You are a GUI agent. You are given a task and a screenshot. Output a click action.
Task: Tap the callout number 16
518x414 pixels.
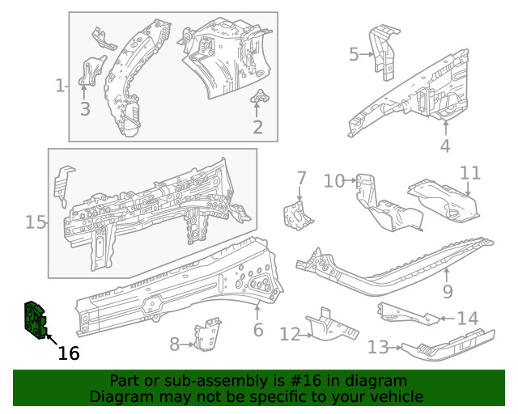[x=69, y=353]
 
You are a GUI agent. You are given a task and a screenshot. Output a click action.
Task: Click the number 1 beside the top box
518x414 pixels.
[x=59, y=86]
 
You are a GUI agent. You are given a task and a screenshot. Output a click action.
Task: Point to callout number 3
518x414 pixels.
[x=85, y=108]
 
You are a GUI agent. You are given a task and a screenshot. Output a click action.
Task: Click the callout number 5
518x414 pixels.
[x=354, y=54]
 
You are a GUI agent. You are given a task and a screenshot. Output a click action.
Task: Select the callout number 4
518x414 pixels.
[x=445, y=146]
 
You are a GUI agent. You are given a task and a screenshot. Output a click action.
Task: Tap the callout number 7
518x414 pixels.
[x=301, y=178]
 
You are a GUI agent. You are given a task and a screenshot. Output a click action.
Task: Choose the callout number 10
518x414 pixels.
[x=334, y=180]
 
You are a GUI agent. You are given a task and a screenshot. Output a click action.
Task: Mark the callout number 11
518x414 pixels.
[x=470, y=173]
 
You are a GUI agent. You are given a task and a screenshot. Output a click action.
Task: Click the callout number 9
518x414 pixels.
[x=448, y=291]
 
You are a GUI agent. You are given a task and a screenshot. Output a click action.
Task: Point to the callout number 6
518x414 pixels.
[x=258, y=330]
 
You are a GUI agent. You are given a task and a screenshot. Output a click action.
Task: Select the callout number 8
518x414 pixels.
[x=174, y=344]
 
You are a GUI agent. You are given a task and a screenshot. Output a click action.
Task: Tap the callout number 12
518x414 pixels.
[x=290, y=333]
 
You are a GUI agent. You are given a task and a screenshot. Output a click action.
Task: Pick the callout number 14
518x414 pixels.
[x=468, y=319]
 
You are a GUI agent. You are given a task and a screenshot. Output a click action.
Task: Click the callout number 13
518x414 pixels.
[x=378, y=348]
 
